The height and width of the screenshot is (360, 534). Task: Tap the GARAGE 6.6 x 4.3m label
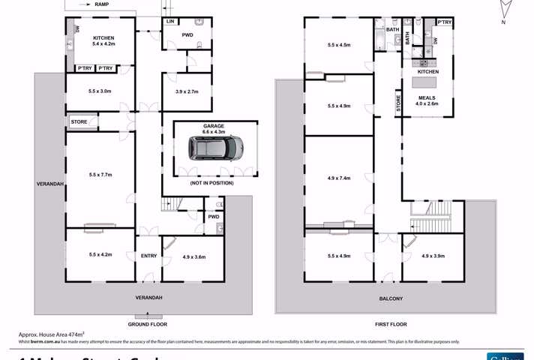[x=214, y=129]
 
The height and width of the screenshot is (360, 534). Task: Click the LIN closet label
[x=170, y=22]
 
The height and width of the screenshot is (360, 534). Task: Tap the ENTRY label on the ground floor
[x=148, y=256]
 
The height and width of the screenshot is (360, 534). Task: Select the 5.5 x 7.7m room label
[x=100, y=175]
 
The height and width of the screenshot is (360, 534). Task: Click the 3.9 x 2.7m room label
[x=186, y=91]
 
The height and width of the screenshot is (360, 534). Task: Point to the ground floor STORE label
[x=79, y=121]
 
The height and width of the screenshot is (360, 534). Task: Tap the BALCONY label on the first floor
[x=391, y=298]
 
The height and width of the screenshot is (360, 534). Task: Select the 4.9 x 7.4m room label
[x=340, y=178]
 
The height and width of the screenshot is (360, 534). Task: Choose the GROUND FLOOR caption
[x=147, y=324]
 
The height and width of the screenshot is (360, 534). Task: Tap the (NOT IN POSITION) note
[x=211, y=183]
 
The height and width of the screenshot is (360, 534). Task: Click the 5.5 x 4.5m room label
[x=339, y=45]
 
